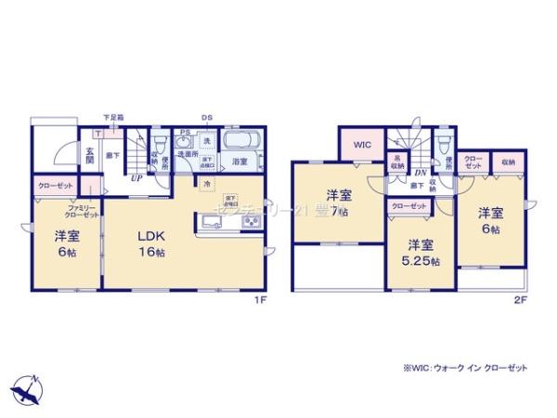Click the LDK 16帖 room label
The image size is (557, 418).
147,240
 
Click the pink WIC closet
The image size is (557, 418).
361,145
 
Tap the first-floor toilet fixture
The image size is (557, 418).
160,145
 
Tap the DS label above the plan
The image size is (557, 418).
207,118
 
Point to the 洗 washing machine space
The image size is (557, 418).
207,140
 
